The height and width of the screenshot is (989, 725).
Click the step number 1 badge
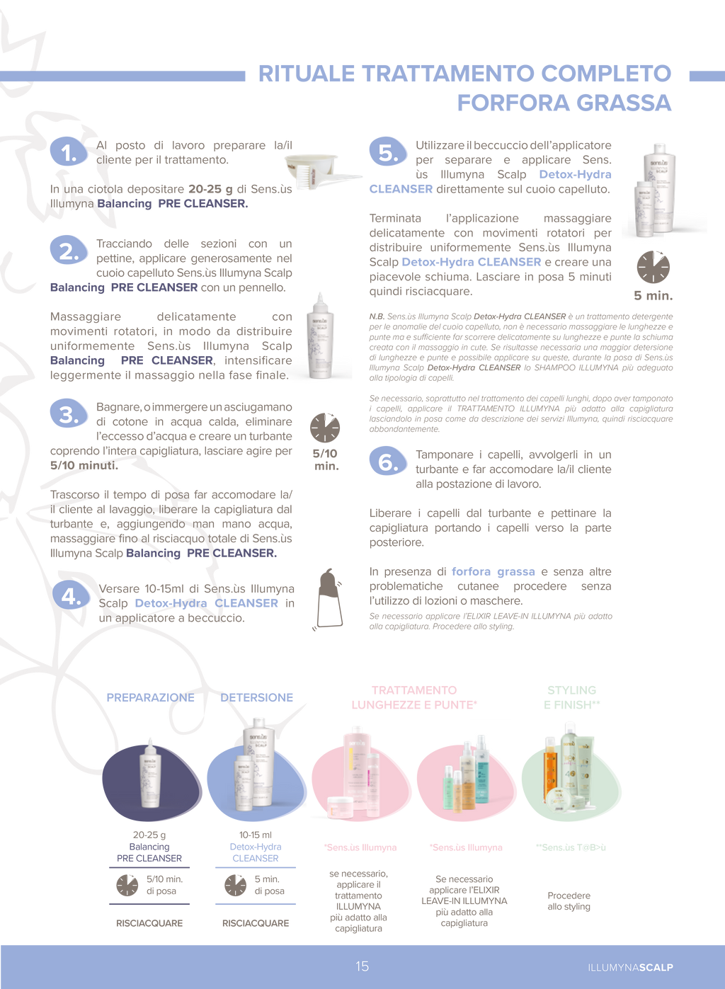pyautogui.click(x=68, y=152)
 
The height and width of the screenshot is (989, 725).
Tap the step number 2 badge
pyautogui.click(x=69, y=251)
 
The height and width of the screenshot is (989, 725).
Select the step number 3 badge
pyautogui.click(x=69, y=414)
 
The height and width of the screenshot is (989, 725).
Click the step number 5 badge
pyautogui.click(x=388, y=152)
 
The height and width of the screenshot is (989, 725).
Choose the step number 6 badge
pyautogui.click(x=388, y=462)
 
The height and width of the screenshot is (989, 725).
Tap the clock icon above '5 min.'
pyautogui.click(x=653, y=267)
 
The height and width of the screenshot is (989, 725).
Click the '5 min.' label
pyautogui.click(x=653, y=295)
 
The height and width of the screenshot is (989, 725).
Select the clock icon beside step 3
pyautogui.click(x=325, y=428)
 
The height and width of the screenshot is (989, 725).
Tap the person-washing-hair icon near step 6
pyautogui.click(x=328, y=599)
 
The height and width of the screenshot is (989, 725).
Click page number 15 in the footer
pyautogui.click(x=362, y=966)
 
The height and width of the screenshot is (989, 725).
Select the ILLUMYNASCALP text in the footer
pyautogui.click(x=630, y=967)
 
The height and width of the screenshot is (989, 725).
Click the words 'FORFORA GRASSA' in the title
pyautogui.click(x=564, y=103)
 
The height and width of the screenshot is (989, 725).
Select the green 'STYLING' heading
pyautogui.click(x=571, y=690)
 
